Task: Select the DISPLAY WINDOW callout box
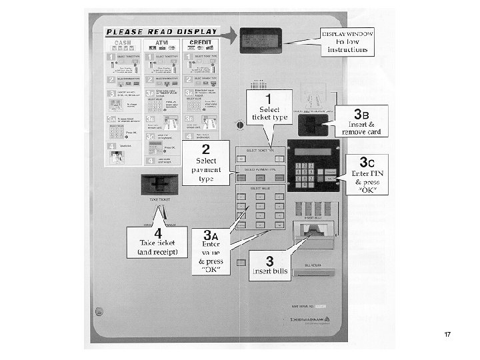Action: [347, 42]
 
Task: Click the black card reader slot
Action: [311, 124]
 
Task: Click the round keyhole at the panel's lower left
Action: [99, 311]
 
